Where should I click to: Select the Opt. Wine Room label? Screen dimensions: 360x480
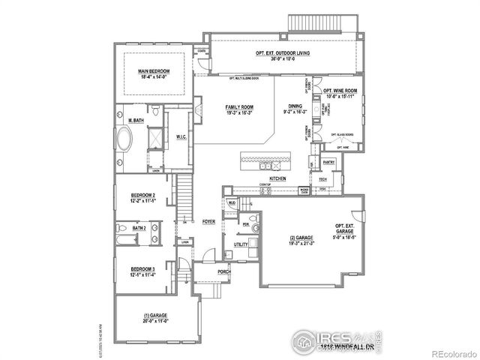click(340, 92)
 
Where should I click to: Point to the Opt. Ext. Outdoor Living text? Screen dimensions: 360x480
click(282, 53)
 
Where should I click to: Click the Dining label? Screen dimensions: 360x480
click(293, 108)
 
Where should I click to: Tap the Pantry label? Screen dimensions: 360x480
click(328, 162)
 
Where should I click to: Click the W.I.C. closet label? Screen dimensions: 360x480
click(181, 136)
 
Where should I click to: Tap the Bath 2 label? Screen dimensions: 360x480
click(139, 228)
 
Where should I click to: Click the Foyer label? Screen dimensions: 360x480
click(208, 221)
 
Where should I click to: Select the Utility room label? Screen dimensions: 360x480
click(241, 244)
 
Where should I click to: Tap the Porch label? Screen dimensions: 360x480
click(223, 271)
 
